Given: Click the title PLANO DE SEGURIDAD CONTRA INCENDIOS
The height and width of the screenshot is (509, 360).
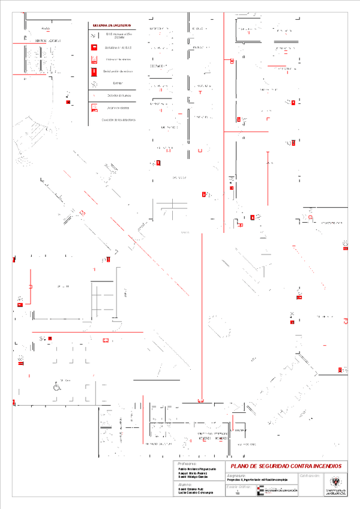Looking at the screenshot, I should pyautogui.click(x=283, y=466).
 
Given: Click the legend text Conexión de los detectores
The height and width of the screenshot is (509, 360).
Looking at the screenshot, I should pyautogui.click(x=118, y=120).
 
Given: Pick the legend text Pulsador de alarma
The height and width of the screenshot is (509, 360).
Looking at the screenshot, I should pyautogui.click(x=118, y=108).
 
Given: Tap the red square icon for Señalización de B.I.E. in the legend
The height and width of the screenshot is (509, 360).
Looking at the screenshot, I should pyautogui.click(x=94, y=47).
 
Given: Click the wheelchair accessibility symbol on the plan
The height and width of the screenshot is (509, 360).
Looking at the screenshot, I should pyautogui.click(x=59, y=387).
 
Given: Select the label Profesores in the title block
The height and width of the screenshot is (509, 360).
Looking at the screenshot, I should pyautogui.click(x=187, y=463).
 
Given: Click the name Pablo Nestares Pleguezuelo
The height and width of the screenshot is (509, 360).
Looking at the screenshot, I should pyautogui.click(x=193, y=468).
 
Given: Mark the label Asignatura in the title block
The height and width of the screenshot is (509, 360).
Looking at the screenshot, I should pyautogui.click(x=238, y=475).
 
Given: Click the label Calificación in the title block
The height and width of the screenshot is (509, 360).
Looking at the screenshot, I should pyautogui.click(x=306, y=475).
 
